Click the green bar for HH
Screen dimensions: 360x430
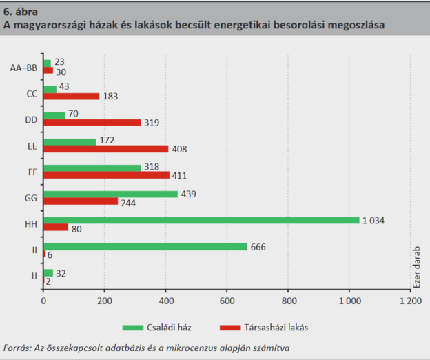coord(201,220)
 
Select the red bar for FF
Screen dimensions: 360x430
coord(106,175)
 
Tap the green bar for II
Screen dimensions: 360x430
coord(145,247)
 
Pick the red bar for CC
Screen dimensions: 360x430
coord(71,97)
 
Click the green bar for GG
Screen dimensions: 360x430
coord(110,194)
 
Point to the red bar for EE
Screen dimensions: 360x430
coord(105,148)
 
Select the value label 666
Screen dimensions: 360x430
coord(258,247)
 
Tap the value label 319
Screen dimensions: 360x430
coord(153,123)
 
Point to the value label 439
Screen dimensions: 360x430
coord(189,194)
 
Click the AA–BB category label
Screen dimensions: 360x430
coord(24,67)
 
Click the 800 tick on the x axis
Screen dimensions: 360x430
coord(288,301)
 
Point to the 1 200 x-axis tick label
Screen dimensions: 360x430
coord(410,301)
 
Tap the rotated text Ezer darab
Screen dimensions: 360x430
coord(418,270)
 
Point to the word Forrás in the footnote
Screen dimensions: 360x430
coord(19,348)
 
